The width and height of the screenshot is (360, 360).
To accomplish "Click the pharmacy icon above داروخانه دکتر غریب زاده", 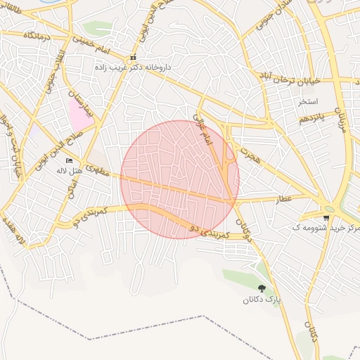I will click(x=134, y=58).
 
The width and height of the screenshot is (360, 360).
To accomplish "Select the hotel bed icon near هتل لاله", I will click(x=69, y=161).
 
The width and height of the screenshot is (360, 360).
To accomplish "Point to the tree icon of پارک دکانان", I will click(x=262, y=288).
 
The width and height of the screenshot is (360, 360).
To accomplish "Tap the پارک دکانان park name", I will click(x=262, y=300).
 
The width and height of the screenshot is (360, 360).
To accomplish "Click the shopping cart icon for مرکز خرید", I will click(x=326, y=218).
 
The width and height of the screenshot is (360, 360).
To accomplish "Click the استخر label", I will click(x=308, y=101).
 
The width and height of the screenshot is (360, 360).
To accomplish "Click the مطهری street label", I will click(x=100, y=165).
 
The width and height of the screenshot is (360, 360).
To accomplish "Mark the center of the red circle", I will click(x=180, y=180).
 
